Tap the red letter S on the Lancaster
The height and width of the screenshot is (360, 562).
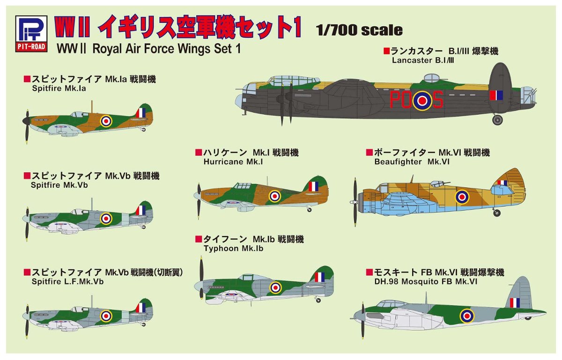point(436,99)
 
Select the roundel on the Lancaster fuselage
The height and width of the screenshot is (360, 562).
point(422,100)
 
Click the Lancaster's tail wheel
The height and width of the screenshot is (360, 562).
point(497,120)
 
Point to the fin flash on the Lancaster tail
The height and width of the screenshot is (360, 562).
point(496,95)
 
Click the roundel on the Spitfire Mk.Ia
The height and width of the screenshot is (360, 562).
point(107,121)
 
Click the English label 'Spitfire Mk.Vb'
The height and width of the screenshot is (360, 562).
point(59,185)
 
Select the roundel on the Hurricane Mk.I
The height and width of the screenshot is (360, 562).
point(275,196)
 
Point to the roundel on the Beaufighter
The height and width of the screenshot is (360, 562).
point(462,197)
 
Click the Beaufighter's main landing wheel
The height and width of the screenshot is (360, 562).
point(497,213)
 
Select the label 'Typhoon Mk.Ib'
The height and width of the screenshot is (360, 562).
point(233,249)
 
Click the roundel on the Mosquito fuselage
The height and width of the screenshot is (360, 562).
point(466,316)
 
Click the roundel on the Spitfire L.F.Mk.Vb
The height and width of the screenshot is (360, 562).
point(106,316)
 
